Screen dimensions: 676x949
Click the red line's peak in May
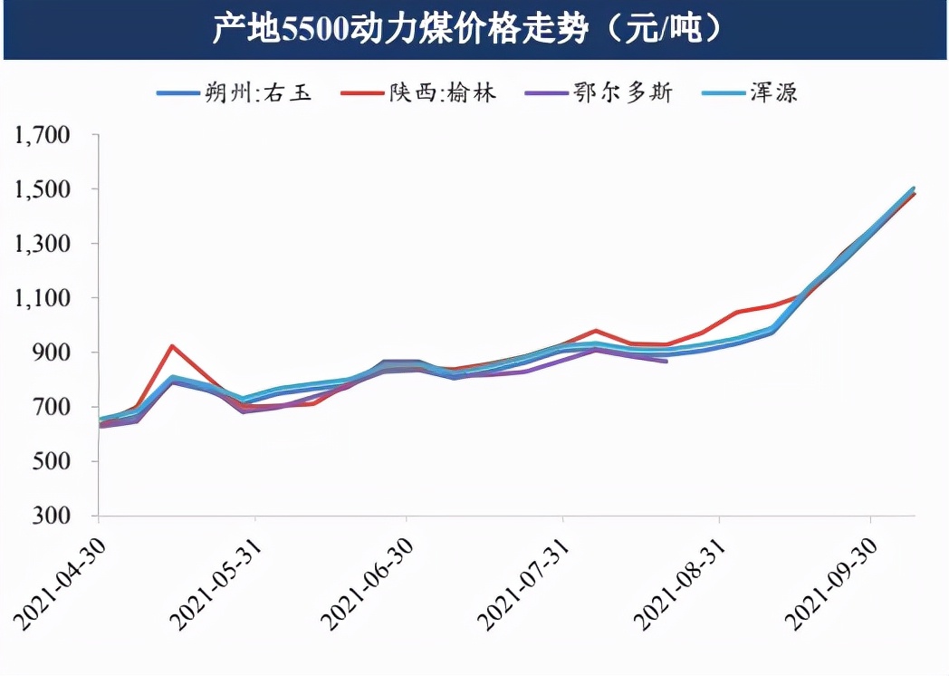pyautogui.click(x=172, y=345)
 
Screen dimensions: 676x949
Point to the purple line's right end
pyautogui.click(x=667, y=362)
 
